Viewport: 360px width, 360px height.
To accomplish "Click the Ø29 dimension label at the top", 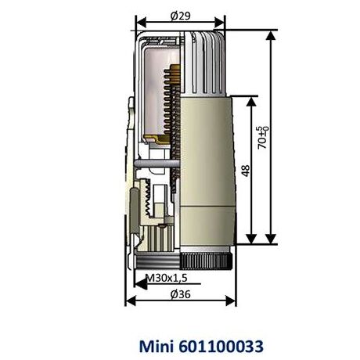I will [179, 15].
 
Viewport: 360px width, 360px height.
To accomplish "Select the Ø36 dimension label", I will [179, 294].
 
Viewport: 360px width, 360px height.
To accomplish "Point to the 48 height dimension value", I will [245, 171].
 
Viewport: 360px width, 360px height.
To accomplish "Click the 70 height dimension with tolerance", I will [265, 137].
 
